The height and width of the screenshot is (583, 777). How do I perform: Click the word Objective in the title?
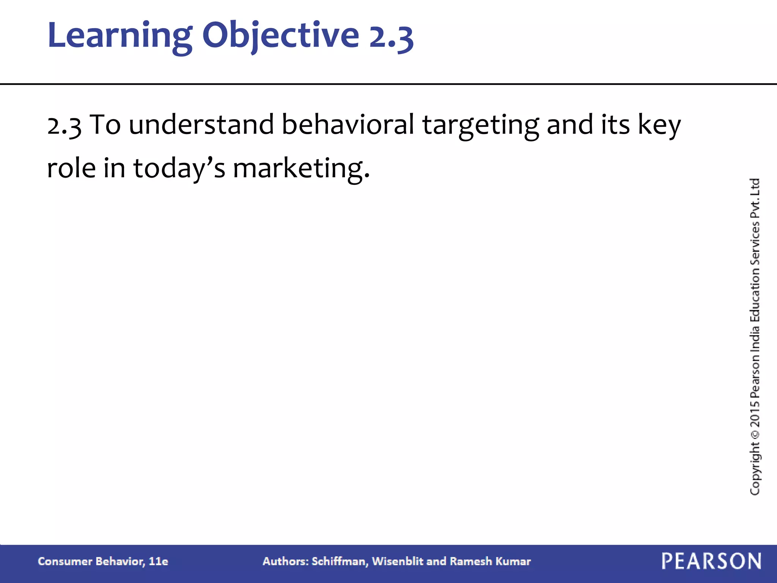coord(280,36)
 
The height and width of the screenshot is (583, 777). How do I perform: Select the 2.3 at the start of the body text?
coord(64,125)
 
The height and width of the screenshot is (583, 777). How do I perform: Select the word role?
coord(71,168)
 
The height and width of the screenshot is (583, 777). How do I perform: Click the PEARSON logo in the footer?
coord(711,561)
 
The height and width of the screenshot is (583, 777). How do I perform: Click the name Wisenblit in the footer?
coord(398,561)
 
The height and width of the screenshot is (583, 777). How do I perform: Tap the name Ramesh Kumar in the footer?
coord(490,561)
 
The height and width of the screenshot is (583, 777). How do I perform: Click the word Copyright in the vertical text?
coord(755,468)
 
